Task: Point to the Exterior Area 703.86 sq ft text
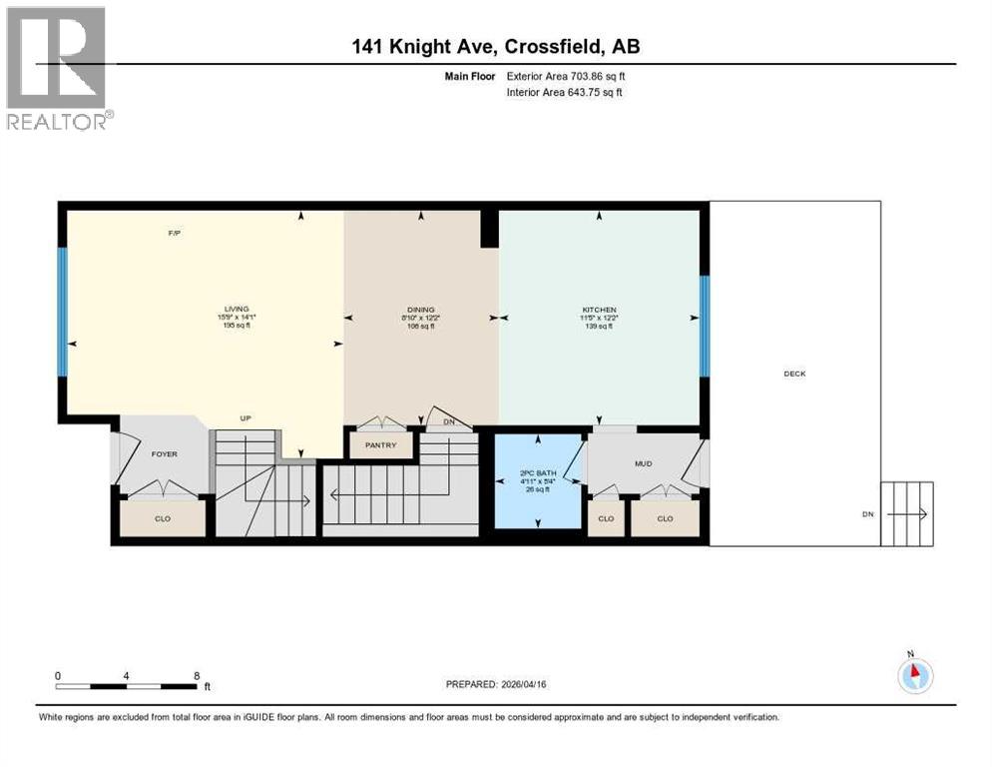(x=566, y=76)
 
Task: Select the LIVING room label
(x=237, y=310)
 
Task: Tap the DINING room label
(x=421, y=310)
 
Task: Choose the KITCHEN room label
(x=599, y=310)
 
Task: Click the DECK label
(x=794, y=374)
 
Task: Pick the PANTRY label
(x=380, y=445)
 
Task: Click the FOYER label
(x=164, y=454)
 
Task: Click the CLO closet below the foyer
(x=163, y=518)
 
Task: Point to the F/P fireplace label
(x=174, y=234)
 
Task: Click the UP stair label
(x=244, y=418)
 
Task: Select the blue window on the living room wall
(x=62, y=312)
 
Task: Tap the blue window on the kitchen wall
(x=704, y=326)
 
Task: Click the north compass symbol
(x=914, y=676)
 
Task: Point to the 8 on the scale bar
(x=196, y=675)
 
